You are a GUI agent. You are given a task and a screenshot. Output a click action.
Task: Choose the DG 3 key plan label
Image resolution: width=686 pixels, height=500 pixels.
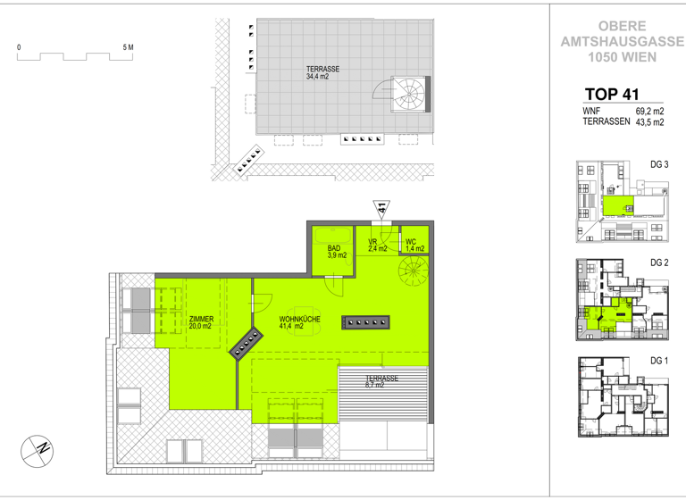pos(659,164)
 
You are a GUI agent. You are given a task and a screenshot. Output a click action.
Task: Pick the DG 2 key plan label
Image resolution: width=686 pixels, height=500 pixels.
pos(659,262)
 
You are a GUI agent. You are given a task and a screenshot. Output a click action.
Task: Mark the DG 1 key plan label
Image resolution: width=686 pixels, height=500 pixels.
pos(659,360)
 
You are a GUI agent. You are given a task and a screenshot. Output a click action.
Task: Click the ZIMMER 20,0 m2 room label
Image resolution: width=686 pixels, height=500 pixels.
pos(201,322)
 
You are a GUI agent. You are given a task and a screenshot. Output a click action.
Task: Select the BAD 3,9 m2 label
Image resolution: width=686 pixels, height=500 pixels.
pos(337,252)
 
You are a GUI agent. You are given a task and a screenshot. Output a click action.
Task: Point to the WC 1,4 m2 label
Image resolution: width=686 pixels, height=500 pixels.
pos(412,245)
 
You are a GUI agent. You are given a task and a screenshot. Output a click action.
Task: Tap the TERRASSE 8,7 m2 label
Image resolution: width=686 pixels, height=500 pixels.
pos(381,381)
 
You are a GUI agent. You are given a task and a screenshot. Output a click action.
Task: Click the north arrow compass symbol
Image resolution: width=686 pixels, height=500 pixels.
pos(38,447)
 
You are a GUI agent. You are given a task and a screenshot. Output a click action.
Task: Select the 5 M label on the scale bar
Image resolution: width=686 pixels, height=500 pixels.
pos(128,46)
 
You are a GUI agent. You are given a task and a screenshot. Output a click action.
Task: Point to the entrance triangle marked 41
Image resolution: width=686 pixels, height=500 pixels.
pos(381,209)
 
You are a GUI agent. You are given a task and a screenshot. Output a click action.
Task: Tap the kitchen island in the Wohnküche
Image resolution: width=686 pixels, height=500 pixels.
pos(366,321)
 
